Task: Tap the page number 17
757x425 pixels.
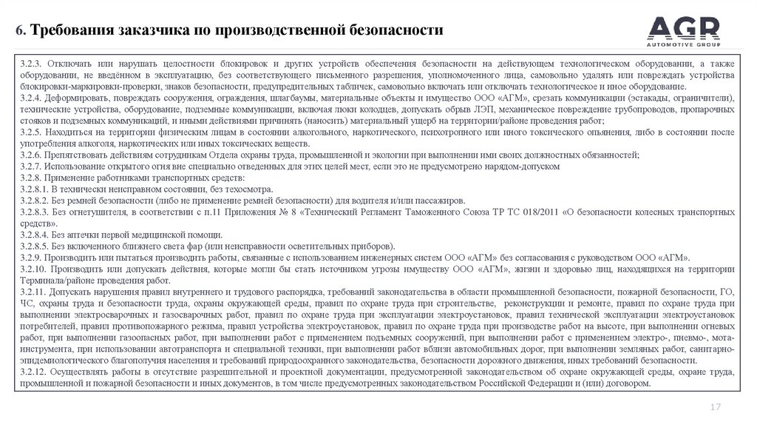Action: click(715, 406)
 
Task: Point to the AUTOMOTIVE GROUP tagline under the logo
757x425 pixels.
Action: click(683, 43)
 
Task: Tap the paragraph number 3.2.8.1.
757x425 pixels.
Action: click(36, 190)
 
